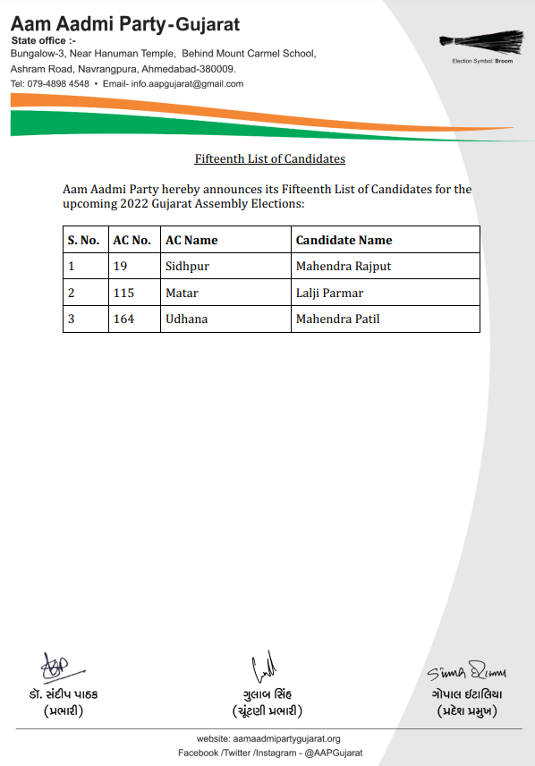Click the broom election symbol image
click(481, 41)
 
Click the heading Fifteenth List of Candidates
click(270, 159)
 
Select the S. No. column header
click(83, 240)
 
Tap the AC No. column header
click(132, 240)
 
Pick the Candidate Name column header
click(344, 240)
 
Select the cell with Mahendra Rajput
click(344, 267)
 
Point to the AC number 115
click(123, 293)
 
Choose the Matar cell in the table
click(182, 293)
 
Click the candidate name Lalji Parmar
click(330, 293)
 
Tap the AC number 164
click(123, 319)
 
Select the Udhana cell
click(186, 319)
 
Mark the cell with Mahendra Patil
click(338, 319)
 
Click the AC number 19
click(120, 267)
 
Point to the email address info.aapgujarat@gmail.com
click(187, 84)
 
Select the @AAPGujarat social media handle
click(333, 753)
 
